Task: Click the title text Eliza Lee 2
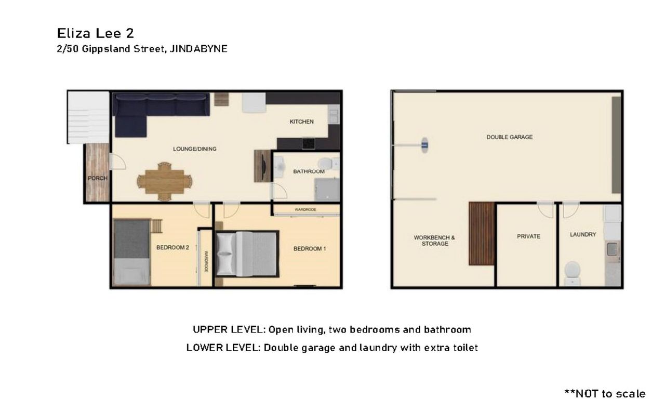pos(95,33)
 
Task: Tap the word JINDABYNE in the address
pos(198,49)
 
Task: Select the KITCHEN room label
pos(302,122)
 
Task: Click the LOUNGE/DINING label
pos(195,149)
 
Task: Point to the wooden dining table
pos(164,181)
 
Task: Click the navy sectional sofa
pos(154,110)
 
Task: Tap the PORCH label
pos(97,178)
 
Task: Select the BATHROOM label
pos(309,171)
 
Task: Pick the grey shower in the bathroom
pos(327,190)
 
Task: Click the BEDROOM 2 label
pos(173,247)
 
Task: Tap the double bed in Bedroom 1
pos(247,254)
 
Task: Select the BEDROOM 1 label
pos(310,248)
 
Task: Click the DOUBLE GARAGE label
pos(510,137)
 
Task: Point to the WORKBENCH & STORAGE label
pos(435,241)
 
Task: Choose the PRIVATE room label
pos(528,236)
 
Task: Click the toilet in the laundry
pos(572,273)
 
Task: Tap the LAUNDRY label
pos(583,235)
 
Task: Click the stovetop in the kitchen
pos(309,143)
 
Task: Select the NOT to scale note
pos(605,393)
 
